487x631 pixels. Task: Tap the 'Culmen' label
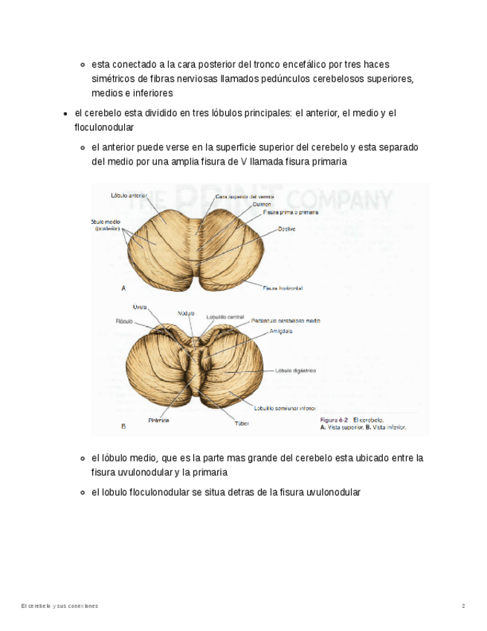262,204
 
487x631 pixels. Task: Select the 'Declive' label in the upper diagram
286,229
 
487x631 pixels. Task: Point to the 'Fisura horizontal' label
283,287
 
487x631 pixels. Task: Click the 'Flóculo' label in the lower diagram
123,321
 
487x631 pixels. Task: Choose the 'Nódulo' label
186,313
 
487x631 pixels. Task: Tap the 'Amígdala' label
281,332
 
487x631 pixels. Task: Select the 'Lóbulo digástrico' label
296,370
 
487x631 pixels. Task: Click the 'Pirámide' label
158,420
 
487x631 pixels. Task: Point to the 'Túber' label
242,423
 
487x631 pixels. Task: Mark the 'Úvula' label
140,307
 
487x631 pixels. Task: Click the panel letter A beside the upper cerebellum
123,287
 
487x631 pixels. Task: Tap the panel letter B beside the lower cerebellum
123,426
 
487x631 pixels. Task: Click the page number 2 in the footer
463,606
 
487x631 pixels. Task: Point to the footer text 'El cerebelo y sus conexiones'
59,606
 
